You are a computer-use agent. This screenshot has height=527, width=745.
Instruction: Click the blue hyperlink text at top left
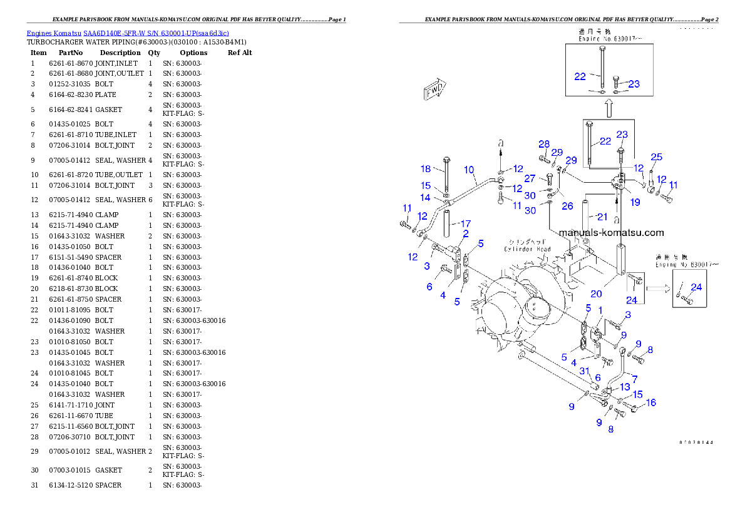click(x=128, y=33)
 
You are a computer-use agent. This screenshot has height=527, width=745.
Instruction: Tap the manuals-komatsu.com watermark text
click(x=611, y=233)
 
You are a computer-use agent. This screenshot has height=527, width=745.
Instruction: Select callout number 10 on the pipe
click(x=470, y=170)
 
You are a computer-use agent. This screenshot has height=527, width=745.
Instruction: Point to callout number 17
click(x=465, y=223)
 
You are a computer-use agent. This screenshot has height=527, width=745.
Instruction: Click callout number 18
click(x=426, y=169)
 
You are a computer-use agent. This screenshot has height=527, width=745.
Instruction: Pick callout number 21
click(x=602, y=217)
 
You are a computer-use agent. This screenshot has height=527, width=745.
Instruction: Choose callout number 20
click(x=596, y=294)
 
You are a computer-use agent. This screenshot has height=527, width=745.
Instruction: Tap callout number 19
click(x=635, y=202)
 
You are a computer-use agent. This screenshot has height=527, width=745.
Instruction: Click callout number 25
click(x=656, y=157)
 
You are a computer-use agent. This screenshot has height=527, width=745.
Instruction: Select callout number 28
click(x=544, y=144)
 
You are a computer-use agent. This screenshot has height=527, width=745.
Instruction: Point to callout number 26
click(x=567, y=206)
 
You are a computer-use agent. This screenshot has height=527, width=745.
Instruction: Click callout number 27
click(x=530, y=178)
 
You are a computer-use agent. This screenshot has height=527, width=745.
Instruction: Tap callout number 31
click(x=585, y=371)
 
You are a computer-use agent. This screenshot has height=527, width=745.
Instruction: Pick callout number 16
click(x=651, y=402)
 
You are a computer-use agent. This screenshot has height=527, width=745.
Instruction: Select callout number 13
click(x=625, y=387)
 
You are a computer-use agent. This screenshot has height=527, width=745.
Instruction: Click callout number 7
click(x=635, y=379)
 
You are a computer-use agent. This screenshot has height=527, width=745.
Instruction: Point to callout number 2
click(x=466, y=233)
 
